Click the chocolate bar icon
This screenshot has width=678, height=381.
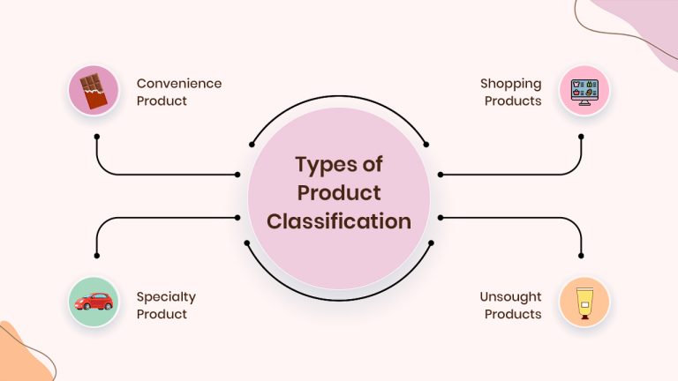pos(94,91)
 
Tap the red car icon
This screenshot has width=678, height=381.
pos(94,302)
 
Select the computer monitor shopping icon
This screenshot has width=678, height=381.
pos(584,92)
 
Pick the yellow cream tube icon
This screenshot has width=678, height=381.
pos(584,303)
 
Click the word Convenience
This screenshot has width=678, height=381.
pos(179,84)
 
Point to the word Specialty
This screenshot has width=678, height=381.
pos(166,297)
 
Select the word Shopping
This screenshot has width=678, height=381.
pos(510,85)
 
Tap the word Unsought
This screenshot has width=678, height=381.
pos(510,297)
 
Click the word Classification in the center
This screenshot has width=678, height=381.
pos(339,221)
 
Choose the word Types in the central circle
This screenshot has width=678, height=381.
pos(323,165)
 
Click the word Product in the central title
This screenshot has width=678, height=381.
pos(339,192)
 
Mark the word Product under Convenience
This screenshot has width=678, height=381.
pos(162,101)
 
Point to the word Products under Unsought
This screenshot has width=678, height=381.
pos(513,314)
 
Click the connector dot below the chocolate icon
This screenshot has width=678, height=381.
pos(97,137)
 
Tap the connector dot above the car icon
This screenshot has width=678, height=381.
pos(97,256)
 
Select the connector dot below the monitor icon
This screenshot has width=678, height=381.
pos(581,137)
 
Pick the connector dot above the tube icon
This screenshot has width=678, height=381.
pos(581,256)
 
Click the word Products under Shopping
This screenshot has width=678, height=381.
pos(513,101)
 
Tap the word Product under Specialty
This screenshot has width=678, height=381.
pos(162,314)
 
